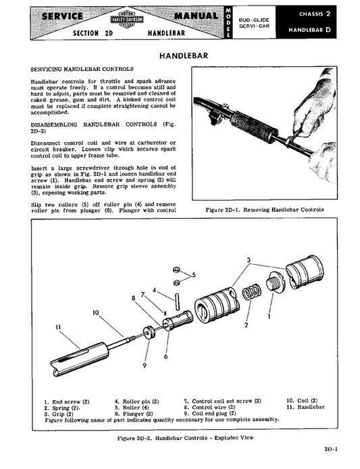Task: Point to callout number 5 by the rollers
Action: coord(194,275)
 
